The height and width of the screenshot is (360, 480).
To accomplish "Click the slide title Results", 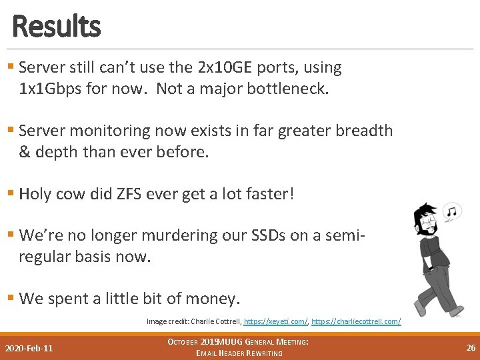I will coord(56,27).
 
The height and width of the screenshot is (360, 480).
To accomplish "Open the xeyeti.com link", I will coord(275,321).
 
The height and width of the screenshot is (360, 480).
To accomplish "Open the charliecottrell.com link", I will coord(356,321).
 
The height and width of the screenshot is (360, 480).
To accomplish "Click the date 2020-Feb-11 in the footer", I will coord(29,348).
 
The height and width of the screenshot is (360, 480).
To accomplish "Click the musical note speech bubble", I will coord(453,212).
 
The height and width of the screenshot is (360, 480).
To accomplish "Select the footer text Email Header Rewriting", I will coord(239,353).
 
